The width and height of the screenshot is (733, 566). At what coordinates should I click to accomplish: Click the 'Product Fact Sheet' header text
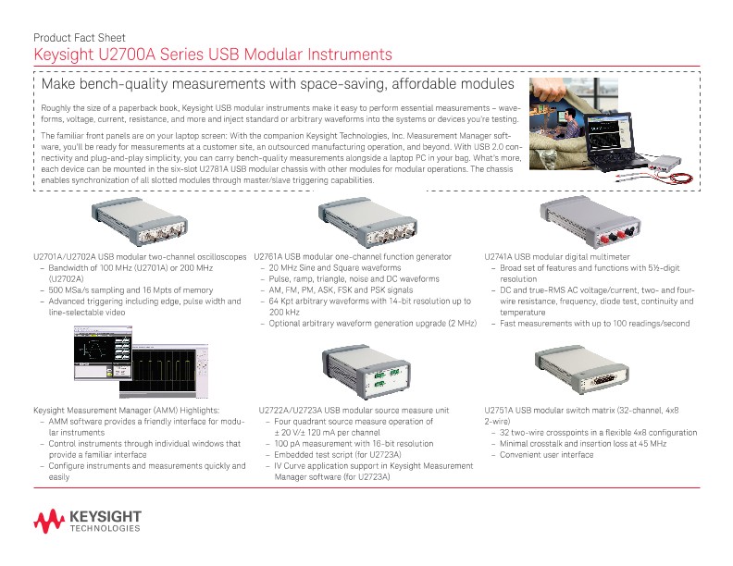pyautogui.click(x=73, y=38)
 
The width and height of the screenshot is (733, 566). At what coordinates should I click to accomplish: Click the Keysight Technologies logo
pyautogui.click(x=87, y=522)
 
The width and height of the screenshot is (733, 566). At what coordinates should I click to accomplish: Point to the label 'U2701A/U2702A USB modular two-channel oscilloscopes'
pyautogui.click(x=140, y=256)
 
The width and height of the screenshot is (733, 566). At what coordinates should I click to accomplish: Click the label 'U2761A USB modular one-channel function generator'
pyautogui.click(x=353, y=256)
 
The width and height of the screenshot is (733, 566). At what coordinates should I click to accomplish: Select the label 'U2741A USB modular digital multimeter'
pyautogui.click(x=557, y=256)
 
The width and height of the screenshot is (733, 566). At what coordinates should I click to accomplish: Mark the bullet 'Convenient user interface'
pyautogui.click(x=546, y=454)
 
